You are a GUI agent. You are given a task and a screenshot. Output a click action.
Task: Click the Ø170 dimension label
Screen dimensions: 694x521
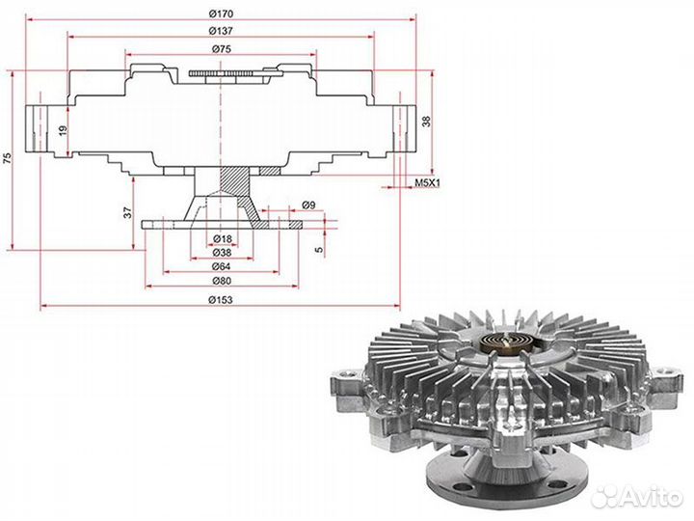click(221, 14)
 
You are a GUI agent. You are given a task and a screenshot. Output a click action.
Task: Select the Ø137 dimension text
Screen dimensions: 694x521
click(221, 31)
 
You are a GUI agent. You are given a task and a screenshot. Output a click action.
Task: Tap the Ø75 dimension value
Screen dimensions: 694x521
click(221, 49)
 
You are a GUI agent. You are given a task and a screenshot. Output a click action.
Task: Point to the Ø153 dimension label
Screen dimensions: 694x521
click(221, 300)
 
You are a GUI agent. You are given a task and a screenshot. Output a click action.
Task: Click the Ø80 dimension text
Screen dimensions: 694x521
click(222, 281)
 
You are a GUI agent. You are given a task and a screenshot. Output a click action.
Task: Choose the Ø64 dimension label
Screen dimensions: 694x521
click(222, 266)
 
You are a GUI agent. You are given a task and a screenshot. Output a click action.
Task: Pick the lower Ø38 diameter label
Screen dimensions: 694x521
click(222, 253)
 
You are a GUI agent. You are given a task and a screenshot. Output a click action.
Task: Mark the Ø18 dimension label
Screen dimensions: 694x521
click(223, 239)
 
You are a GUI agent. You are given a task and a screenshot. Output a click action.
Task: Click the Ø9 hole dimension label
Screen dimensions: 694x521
click(308, 206)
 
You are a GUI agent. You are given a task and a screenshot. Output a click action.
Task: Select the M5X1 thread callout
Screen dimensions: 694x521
click(427, 182)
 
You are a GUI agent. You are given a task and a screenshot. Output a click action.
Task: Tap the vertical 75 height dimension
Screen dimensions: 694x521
click(7, 158)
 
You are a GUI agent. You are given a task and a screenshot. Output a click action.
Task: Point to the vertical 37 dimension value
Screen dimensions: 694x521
click(128, 212)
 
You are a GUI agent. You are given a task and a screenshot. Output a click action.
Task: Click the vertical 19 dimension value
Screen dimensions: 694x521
click(64, 130)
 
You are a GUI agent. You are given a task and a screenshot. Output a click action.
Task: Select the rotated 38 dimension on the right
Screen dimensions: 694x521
click(426, 122)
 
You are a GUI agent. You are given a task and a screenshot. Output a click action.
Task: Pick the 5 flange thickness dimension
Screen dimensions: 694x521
click(319, 250)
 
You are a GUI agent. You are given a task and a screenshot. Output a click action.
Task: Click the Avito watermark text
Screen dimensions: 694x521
click(650, 498)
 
